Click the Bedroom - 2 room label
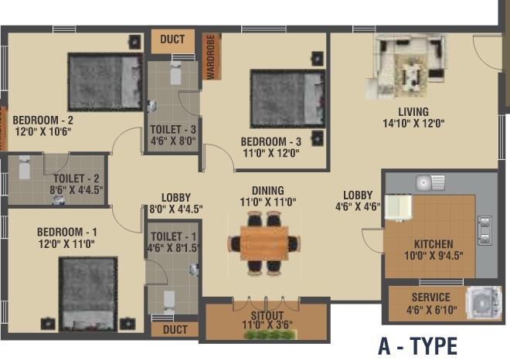[x=43, y=121]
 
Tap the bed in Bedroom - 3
[x=287, y=98]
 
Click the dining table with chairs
[x=263, y=243]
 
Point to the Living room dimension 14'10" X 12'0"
[x=413, y=123]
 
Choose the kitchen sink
[x=430, y=183]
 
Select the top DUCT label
[x=172, y=40]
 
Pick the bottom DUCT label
[x=175, y=330]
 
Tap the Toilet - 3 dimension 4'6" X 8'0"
[x=172, y=141]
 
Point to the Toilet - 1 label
[x=174, y=237]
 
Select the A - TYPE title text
[x=417, y=345]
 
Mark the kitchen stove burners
[x=484, y=229]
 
